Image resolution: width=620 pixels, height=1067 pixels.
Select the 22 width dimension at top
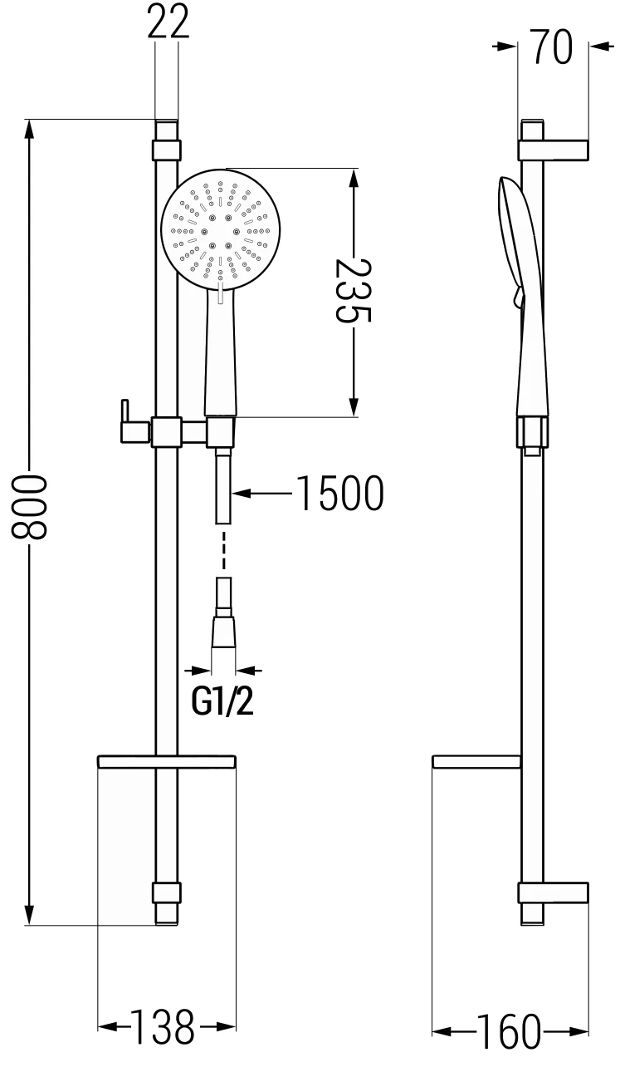coord(168,22)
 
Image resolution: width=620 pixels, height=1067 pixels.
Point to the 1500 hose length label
coord(339,494)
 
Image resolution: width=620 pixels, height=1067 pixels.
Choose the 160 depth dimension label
coord(508,1030)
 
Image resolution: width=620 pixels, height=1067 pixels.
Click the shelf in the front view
coord(167,760)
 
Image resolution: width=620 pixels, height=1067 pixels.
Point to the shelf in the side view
coord(476,760)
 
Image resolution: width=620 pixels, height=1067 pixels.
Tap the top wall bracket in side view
coord(553,150)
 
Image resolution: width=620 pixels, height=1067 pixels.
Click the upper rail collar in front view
coord(166,150)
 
